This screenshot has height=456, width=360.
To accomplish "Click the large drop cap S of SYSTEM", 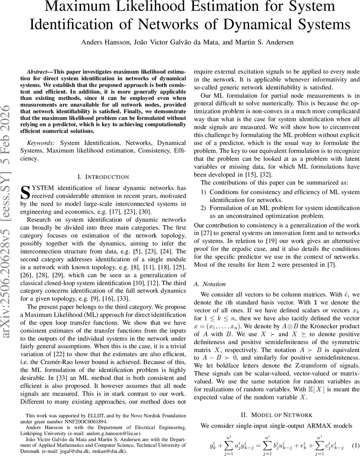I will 25,192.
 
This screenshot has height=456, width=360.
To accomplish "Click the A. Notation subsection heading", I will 215,284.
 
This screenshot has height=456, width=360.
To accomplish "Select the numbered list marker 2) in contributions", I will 204,208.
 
